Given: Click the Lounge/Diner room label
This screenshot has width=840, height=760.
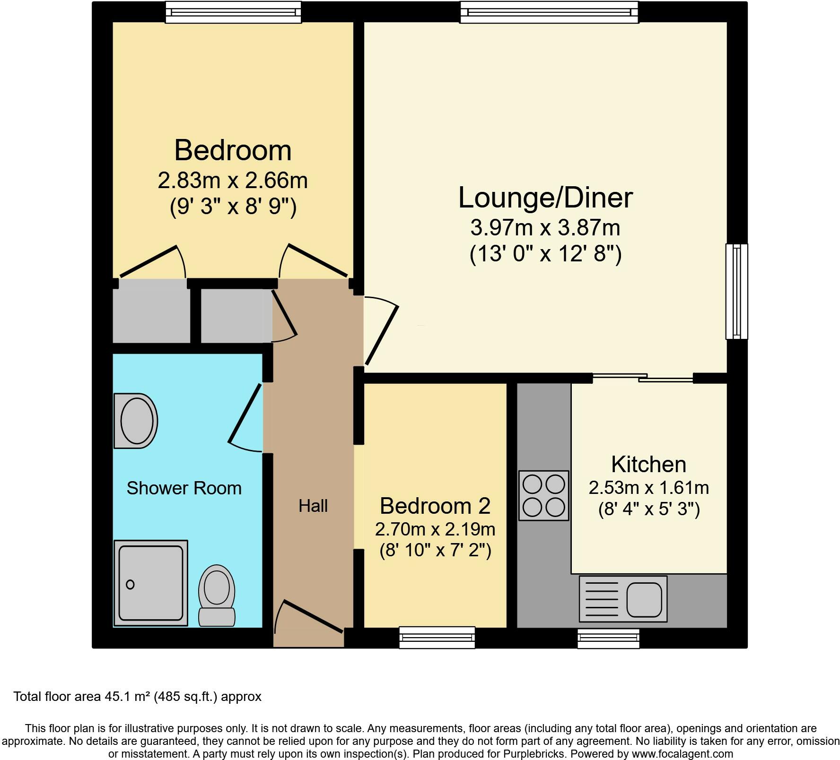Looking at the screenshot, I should click(545, 198).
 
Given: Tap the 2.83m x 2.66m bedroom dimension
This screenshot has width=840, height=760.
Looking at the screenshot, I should click(233, 181).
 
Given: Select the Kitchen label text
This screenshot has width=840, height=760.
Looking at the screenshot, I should click(648, 464).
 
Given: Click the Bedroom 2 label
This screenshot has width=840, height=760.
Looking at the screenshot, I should click(435, 506).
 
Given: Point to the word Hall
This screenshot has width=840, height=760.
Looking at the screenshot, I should click(313, 506).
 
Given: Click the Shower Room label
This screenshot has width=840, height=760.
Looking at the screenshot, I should click(184, 488).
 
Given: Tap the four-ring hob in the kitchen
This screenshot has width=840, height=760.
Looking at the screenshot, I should click(543, 495).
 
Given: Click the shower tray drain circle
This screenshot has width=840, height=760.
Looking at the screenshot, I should click(130, 585).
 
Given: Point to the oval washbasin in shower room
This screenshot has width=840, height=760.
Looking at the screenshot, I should click(137, 421).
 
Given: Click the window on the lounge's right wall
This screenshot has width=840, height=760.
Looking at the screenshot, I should click(736, 291).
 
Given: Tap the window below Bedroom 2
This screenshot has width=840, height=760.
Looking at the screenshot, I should click(437, 637).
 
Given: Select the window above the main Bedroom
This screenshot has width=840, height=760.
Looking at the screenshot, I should click(233, 12).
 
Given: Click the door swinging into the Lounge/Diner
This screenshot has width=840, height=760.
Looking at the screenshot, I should click(381, 335).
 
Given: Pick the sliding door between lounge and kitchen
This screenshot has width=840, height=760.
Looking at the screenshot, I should click(642, 378).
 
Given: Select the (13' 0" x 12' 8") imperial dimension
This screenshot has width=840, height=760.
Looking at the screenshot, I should click(545, 254).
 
